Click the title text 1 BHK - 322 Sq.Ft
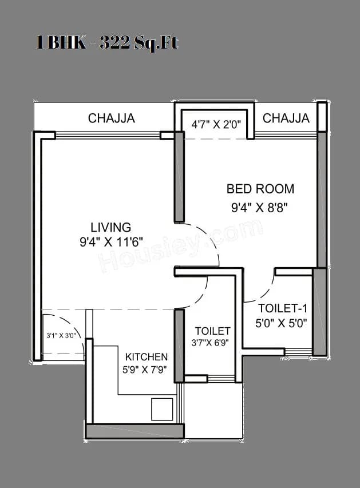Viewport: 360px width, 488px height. [107, 43]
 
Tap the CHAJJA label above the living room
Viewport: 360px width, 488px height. [111, 118]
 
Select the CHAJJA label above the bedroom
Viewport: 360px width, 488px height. [286, 118]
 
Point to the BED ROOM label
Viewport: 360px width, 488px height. [260, 189]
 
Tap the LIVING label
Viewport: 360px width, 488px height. [110, 227]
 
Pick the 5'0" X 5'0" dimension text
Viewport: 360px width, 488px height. [281, 322]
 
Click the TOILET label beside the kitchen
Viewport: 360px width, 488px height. [212, 331]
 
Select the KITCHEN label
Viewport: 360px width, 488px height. [147, 356]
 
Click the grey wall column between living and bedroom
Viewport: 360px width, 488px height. [179, 179]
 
